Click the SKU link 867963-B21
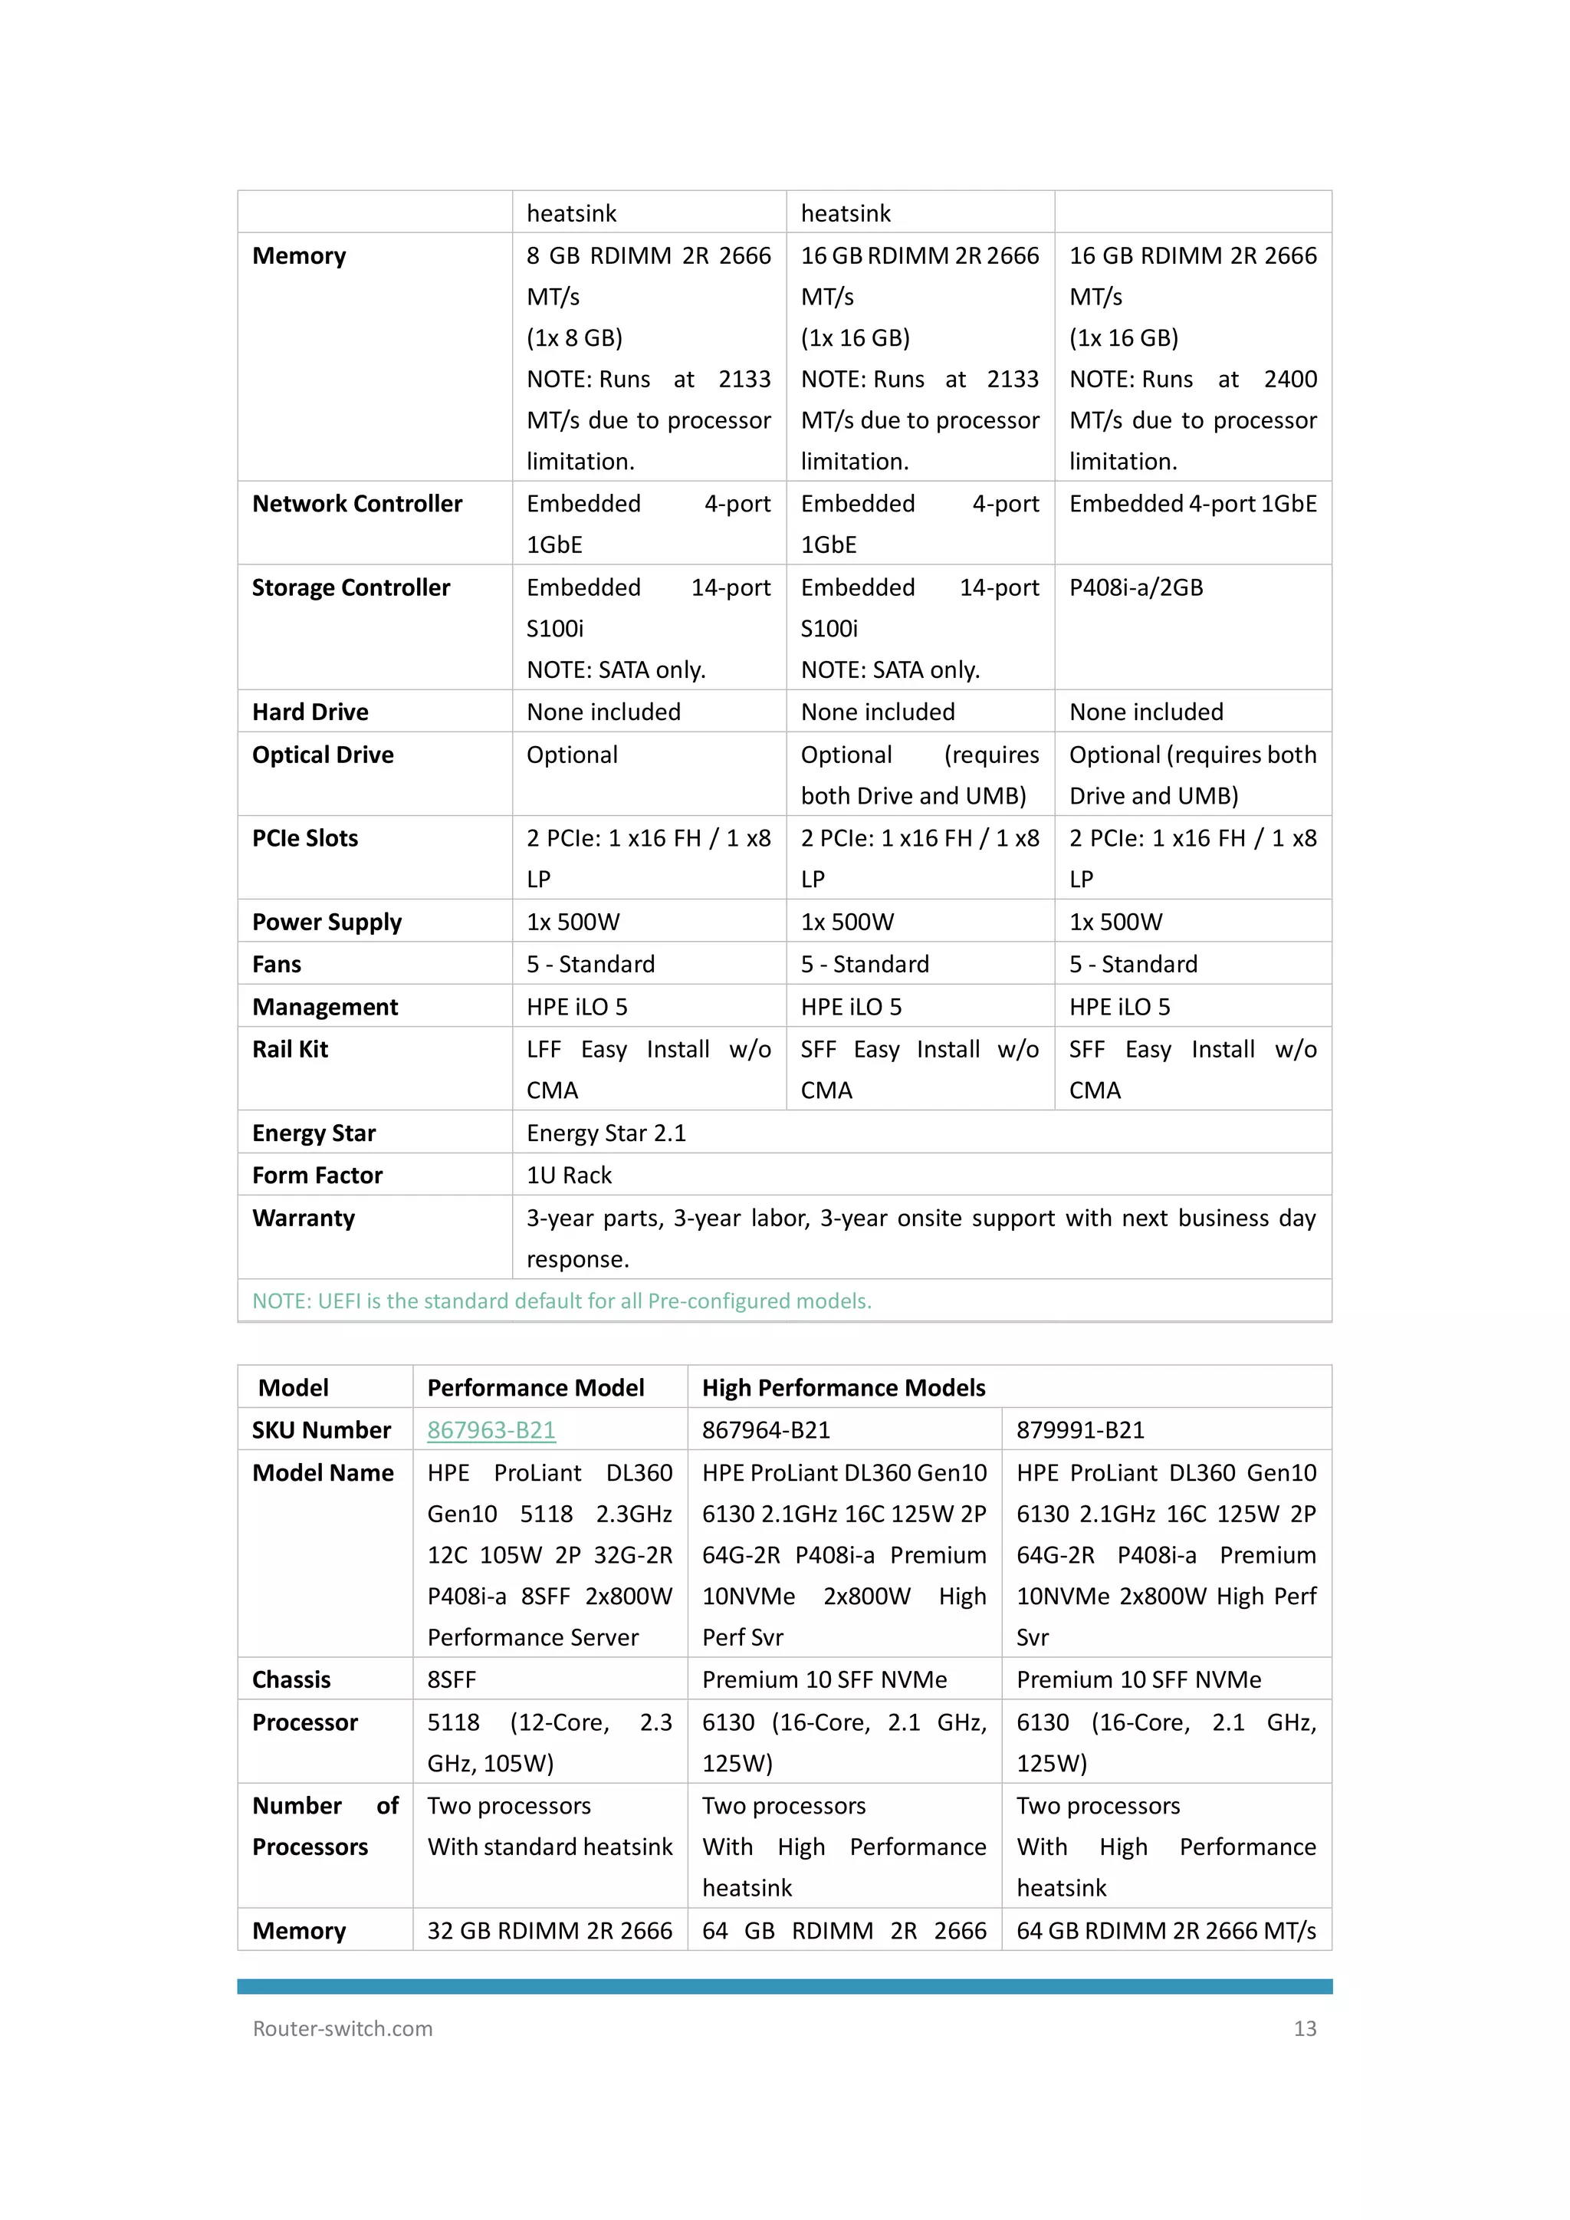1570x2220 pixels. [x=491, y=1430]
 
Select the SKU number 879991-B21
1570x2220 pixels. [x=1080, y=1430]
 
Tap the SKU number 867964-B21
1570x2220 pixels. [x=766, y=1430]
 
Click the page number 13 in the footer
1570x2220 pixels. [x=1304, y=2028]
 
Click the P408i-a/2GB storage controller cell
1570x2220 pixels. [x=1136, y=588]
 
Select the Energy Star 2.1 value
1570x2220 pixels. [x=606, y=1133]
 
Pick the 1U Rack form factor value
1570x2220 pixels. [x=570, y=1176]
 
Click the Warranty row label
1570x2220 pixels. [x=304, y=1219]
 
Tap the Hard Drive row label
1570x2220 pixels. [x=310, y=712]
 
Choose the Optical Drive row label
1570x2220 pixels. [x=323, y=755]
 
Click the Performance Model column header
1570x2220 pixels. [x=536, y=1389]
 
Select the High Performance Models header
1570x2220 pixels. [x=843, y=1389]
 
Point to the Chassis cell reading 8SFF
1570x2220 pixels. [x=452, y=1680]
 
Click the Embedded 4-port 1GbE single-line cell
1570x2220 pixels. [x=1192, y=504]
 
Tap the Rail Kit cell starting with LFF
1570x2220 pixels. [x=648, y=1070]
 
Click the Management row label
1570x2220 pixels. [x=325, y=1008]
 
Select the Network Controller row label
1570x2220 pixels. [x=356, y=504]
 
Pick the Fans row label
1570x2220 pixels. [x=277, y=965]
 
